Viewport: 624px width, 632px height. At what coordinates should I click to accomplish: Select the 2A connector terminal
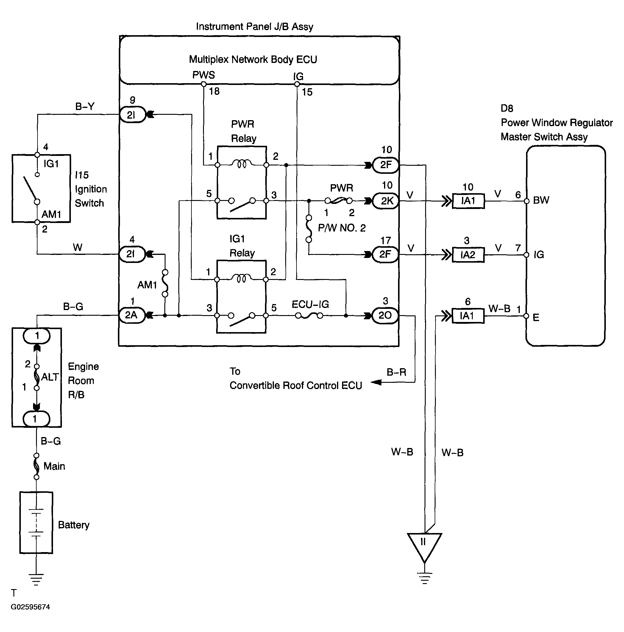pyautogui.click(x=132, y=315)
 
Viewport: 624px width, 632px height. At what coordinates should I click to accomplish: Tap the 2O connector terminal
pyautogui.click(x=386, y=315)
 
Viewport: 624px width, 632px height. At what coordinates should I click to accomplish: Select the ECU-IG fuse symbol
pyautogui.click(x=309, y=316)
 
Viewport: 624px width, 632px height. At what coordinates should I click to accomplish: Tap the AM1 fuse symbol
pyautogui.click(x=165, y=283)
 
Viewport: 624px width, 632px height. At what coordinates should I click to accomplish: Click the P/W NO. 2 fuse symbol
pyautogui.click(x=309, y=229)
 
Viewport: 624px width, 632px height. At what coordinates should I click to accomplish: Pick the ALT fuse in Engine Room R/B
pyautogui.click(x=37, y=377)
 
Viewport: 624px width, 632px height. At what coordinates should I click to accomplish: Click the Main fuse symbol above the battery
pyautogui.click(x=37, y=466)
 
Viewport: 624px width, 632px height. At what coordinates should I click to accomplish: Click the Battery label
pyautogui.click(x=74, y=525)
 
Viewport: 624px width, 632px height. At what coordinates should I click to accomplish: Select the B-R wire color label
pyautogui.click(x=396, y=372)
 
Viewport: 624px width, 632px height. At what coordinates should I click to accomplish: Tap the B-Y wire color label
pyautogui.click(x=85, y=106)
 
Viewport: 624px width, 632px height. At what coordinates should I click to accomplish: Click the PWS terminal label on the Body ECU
pyautogui.click(x=204, y=75)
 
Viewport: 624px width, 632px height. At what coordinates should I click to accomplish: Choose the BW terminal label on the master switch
pyautogui.click(x=541, y=200)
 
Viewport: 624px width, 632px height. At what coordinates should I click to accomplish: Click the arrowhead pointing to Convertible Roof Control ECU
pyautogui.click(x=376, y=382)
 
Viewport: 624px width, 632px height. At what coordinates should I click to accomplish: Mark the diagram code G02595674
pyautogui.click(x=30, y=607)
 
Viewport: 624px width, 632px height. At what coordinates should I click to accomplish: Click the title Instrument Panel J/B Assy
pyautogui.click(x=255, y=27)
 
